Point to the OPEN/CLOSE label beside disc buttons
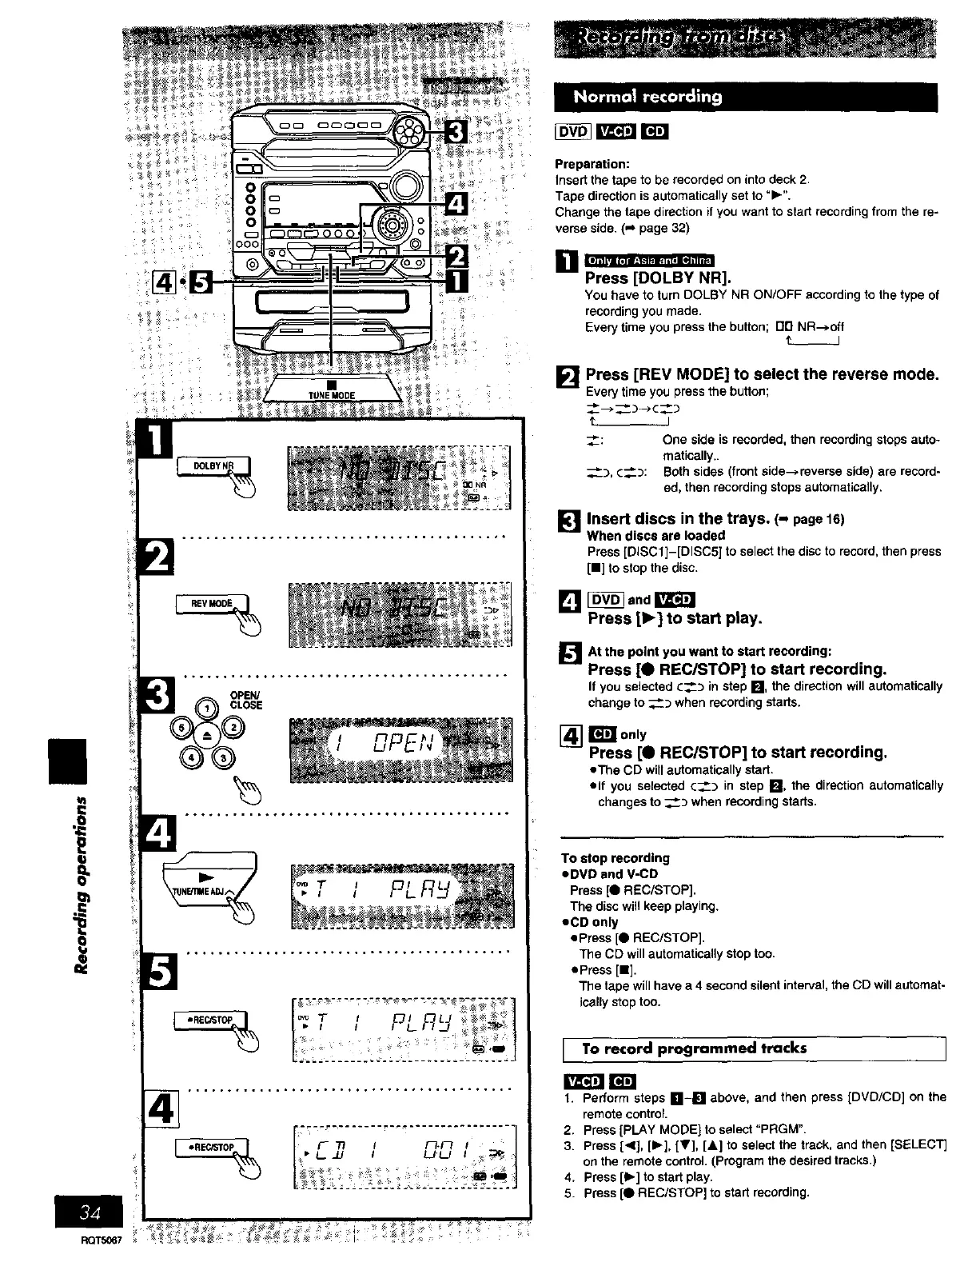coord(245,700)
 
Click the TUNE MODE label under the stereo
coord(331,395)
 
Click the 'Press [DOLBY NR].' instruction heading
coord(659,278)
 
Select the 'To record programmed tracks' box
coord(755,1048)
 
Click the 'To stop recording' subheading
coord(615,858)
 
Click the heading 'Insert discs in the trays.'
coord(677,519)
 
